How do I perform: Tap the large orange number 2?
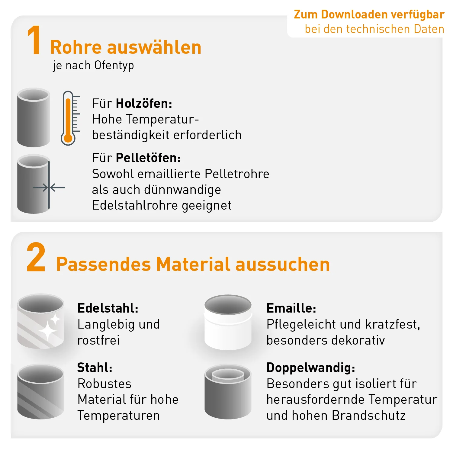tap(36, 257)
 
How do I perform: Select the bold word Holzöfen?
tap(144, 104)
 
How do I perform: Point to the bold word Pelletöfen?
tap(148, 158)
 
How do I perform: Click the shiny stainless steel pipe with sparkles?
tap(41, 321)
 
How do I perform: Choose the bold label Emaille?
tap(291, 308)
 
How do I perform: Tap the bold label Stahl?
tap(95, 368)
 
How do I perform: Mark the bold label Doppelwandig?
tap(310, 368)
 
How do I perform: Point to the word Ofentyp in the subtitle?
tap(114, 65)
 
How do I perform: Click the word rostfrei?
tap(98, 340)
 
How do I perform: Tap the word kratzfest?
tap(393, 324)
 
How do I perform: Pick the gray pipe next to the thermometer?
tap(34, 117)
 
